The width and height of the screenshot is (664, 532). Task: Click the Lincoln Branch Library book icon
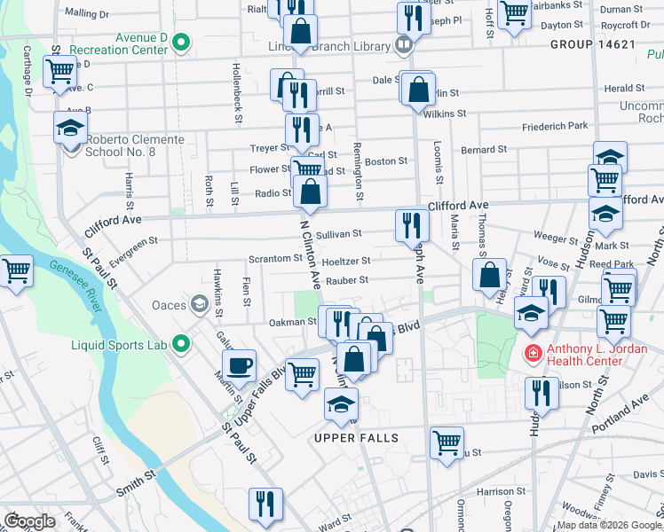coord(404,43)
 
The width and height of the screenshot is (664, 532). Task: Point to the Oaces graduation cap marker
coord(200,306)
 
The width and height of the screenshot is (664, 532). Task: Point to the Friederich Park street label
coord(555,127)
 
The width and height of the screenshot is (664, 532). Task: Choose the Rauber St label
coord(346,280)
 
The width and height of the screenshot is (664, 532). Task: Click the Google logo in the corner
coord(29,521)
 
